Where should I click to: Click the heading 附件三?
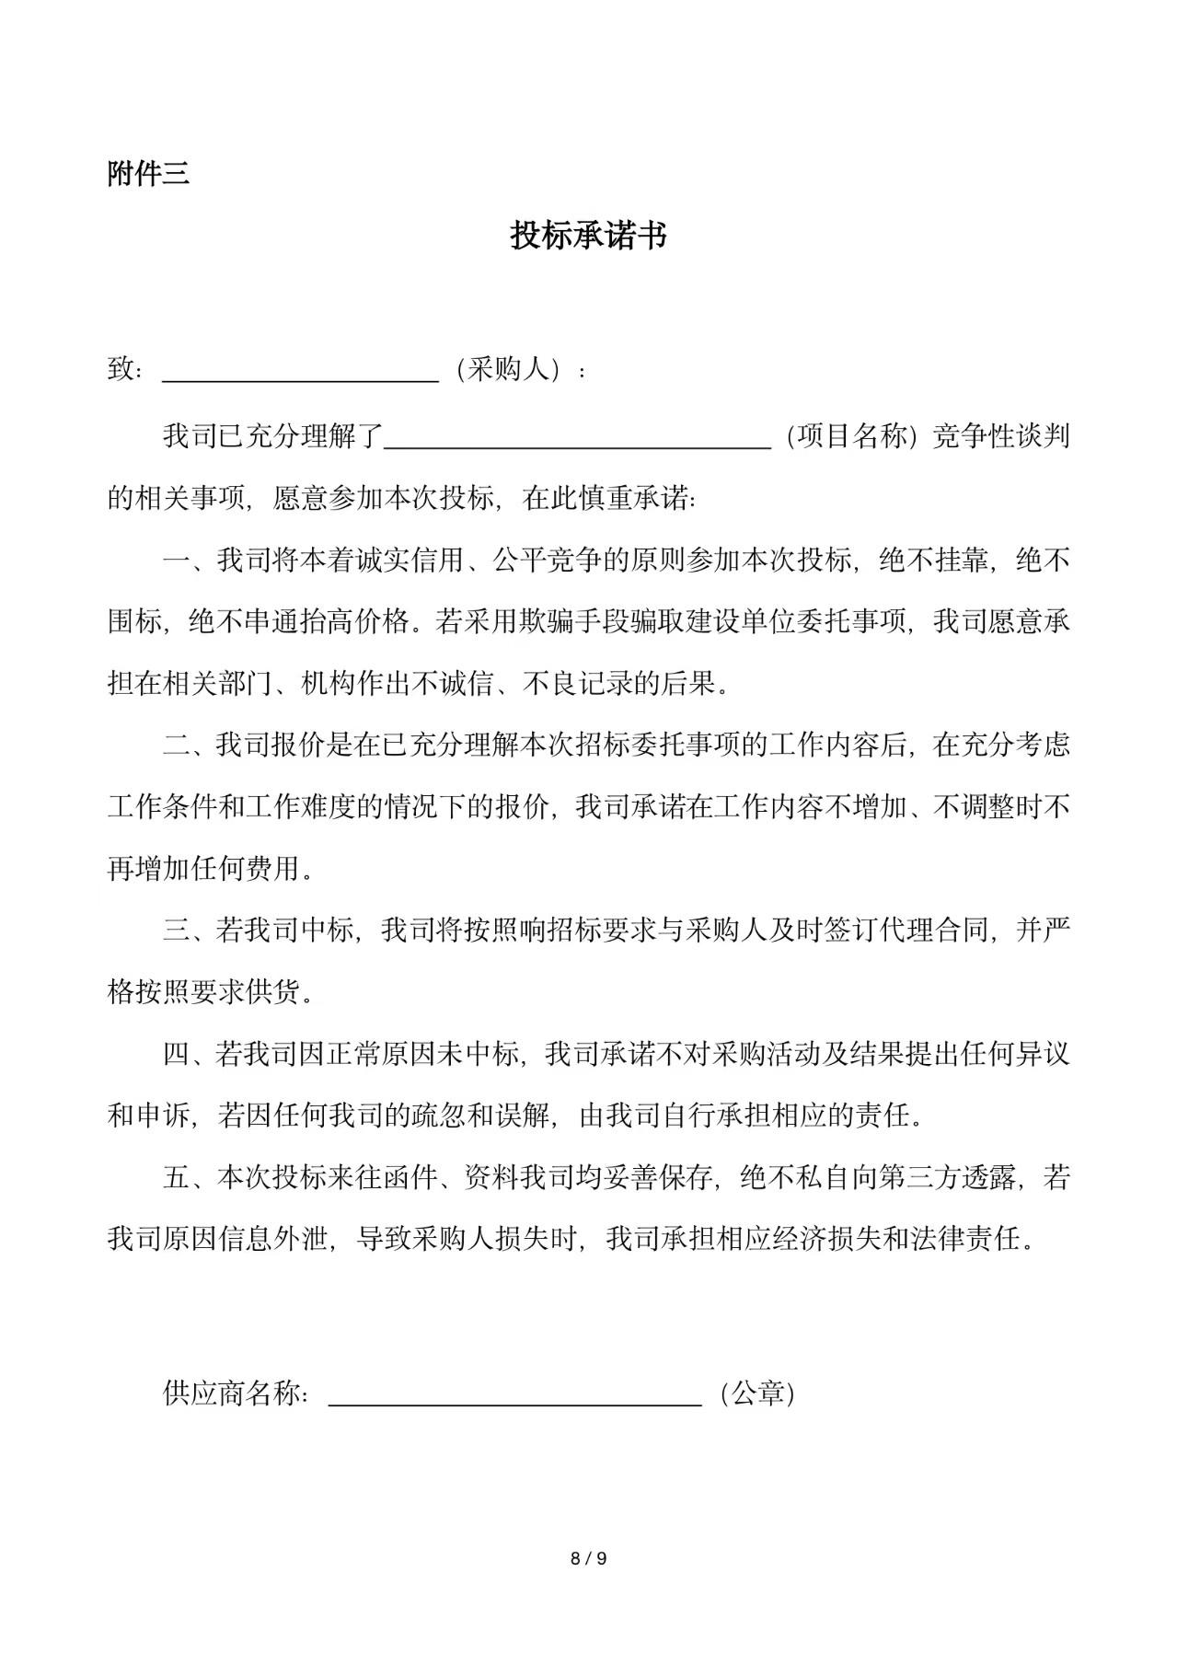[x=148, y=173]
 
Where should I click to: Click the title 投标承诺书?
[x=588, y=237]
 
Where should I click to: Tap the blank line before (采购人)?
[x=300, y=372]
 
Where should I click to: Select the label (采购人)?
[x=509, y=370]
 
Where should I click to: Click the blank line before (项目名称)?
[x=577, y=438]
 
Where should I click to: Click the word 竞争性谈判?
[x=1001, y=436]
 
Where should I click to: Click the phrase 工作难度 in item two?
[x=300, y=807]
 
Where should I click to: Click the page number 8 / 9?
[x=589, y=1558]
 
